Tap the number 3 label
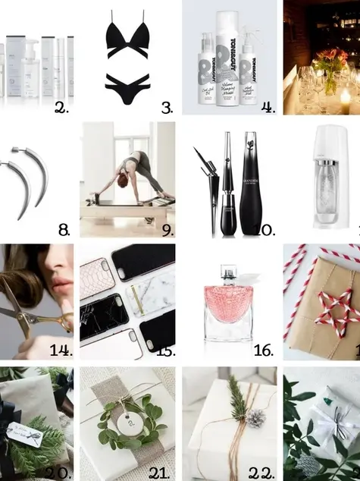click(167, 108)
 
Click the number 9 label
click(167, 229)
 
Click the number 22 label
click(261, 473)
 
